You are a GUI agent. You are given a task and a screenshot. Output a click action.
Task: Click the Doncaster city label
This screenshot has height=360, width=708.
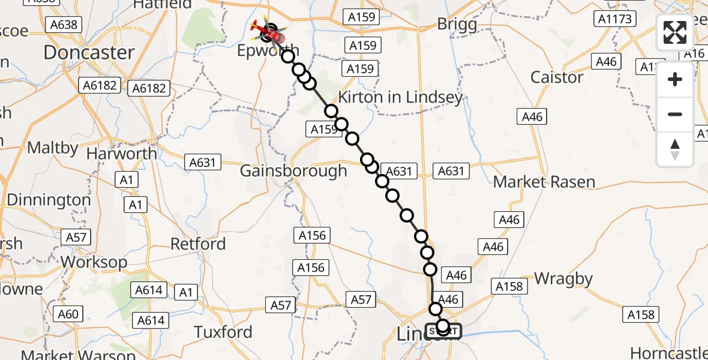pyautogui.click(x=89, y=52)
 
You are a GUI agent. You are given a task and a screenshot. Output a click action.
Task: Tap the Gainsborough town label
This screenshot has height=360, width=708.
pyautogui.click(x=293, y=171)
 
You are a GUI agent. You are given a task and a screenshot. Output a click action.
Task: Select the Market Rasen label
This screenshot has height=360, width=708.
pyautogui.click(x=544, y=182)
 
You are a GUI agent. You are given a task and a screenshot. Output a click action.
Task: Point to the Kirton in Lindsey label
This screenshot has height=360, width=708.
pyautogui.click(x=400, y=97)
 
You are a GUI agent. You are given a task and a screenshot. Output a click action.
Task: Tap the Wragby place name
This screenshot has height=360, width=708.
pyautogui.click(x=563, y=279)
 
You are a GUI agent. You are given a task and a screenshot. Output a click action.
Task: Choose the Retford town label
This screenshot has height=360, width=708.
pyautogui.click(x=198, y=244)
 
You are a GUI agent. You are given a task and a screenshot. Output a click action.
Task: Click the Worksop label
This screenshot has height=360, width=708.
pyautogui.click(x=94, y=263)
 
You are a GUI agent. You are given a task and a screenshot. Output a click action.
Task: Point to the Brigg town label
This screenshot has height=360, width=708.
pyautogui.click(x=457, y=25)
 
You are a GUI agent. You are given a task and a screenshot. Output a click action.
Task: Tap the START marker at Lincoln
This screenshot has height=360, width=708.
pyautogui.click(x=443, y=331)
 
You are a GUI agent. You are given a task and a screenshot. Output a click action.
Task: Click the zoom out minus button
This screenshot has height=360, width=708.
pyautogui.click(x=675, y=114)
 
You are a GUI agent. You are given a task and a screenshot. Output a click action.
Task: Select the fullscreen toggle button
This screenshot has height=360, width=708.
pyautogui.click(x=675, y=32)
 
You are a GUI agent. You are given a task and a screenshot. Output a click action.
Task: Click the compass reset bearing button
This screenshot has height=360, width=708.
pyautogui.click(x=675, y=149)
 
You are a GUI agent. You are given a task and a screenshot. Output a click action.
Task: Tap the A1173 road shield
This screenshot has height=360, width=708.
pyautogui.click(x=616, y=19)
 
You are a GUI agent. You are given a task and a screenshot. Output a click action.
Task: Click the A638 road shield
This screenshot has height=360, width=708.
pyautogui.click(x=64, y=25)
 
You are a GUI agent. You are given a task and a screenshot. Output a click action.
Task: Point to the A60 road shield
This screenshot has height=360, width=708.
pyautogui.click(x=68, y=314)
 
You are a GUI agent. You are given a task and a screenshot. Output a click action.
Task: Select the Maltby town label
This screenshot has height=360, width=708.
pyautogui.click(x=53, y=148)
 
